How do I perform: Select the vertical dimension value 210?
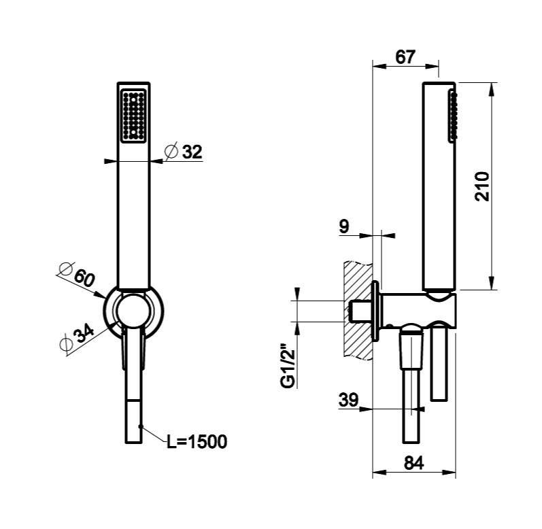(x=482, y=186)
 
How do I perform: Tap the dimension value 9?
(x=344, y=226)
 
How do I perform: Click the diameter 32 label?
(x=185, y=152)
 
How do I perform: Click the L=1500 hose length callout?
(x=197, y=442)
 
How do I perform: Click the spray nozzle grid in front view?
(x=133, y=114)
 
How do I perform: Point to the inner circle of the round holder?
(x=133, y=314)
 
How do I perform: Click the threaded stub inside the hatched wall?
(x=358, y=312)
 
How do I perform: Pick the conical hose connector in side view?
(x=411, y=350)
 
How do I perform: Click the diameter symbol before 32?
(x=171, y=152)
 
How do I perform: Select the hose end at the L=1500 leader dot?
(x=139, y=426)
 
